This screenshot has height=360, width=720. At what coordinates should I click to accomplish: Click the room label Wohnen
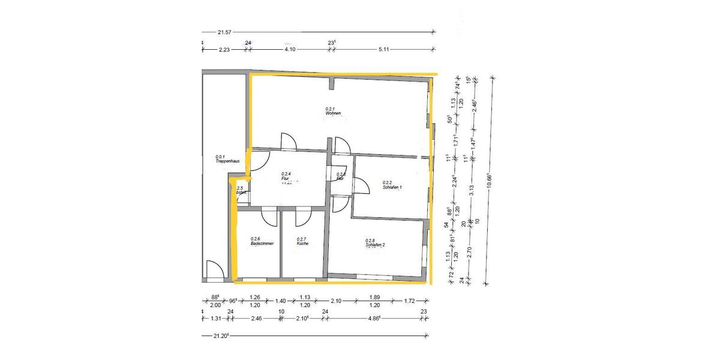coord(334,113)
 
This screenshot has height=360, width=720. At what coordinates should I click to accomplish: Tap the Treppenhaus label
coord(229,161)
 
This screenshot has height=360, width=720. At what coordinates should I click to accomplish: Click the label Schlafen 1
coord(392,187)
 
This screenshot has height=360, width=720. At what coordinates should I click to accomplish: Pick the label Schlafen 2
coord(375,245)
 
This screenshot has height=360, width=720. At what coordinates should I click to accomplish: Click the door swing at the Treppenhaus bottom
coord(214,271)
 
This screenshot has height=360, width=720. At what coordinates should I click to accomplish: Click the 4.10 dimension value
coord(289,50)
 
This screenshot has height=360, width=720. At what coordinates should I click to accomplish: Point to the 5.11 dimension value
coord(384,50)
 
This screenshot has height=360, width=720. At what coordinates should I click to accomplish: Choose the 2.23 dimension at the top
coord(224,50)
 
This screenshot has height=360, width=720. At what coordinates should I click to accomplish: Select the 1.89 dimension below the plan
coord(374,297)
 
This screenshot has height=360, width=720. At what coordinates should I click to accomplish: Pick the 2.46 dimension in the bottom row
coord(256,319)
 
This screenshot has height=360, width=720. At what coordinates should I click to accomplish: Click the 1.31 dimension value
coord(217,319)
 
